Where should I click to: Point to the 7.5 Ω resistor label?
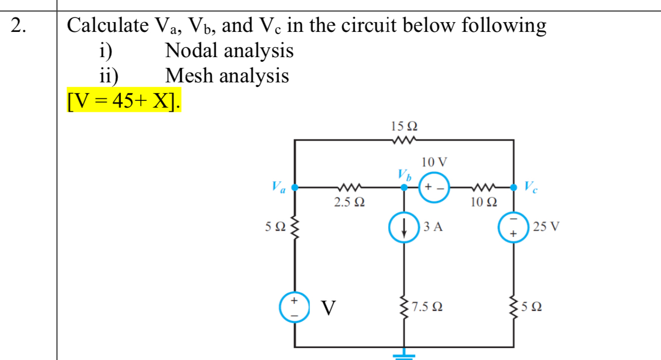[x=428, y=307]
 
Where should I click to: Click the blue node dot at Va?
[x=295, y=187]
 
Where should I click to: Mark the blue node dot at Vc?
[x=513, y=187]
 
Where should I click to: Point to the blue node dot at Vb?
[x=405, y=187]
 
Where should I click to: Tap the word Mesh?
[x=189, y=76]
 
